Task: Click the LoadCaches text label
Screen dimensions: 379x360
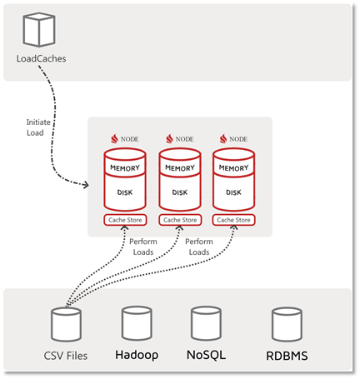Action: coord(41,59)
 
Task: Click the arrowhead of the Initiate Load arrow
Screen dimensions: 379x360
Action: coord(90,182)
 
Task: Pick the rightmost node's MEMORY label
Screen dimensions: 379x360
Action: coord(234,167)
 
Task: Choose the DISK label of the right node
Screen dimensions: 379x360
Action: coord(234,192)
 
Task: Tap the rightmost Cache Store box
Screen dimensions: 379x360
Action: coord(234,220)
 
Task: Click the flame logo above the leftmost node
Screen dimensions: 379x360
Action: coord(114,138)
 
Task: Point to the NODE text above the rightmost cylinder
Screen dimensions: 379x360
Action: coord(239,139)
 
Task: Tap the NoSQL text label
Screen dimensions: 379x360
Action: coord(205,355)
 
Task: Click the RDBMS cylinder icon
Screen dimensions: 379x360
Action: coord(285,323)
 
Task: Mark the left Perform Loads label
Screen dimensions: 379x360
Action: coord(142,246)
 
